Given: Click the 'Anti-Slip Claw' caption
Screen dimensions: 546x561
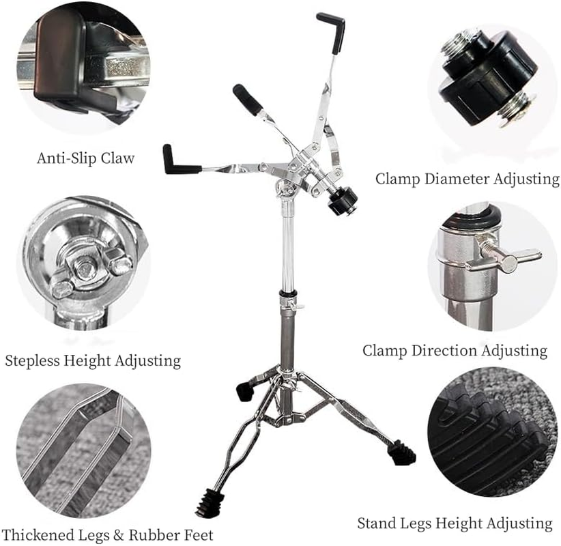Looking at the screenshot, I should tap(85, 158).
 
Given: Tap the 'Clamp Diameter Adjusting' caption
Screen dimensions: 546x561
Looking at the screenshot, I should tap(467, 179).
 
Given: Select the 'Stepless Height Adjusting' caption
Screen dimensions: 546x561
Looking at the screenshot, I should tap(93, 360).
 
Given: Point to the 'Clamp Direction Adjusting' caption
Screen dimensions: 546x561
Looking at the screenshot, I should tap(455, 351).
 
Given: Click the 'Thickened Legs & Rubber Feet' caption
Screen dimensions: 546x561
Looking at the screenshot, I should tap(107, 534).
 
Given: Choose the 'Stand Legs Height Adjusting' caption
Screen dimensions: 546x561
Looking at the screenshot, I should tap(455, 523).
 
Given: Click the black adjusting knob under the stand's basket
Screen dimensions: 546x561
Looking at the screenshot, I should tap(343, 201).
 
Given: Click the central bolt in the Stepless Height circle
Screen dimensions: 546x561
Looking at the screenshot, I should tap(86, 268).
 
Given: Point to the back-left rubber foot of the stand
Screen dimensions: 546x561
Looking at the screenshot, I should tap(244, 391).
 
